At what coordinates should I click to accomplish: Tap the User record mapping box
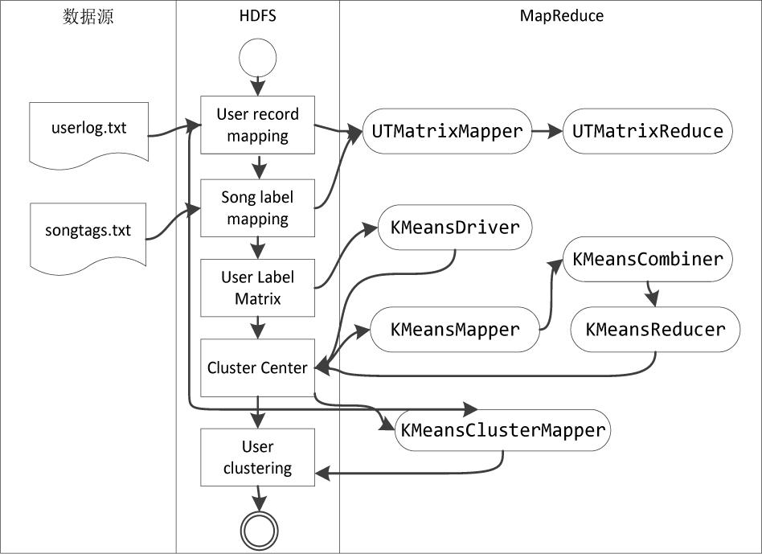[257, 125]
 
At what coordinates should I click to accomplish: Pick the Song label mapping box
[257, 208]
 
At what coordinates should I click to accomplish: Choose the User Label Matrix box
[257, 288]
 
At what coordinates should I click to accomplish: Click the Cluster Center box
[257, 367]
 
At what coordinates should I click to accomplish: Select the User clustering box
[257, 457]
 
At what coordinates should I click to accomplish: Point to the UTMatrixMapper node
[447, 131]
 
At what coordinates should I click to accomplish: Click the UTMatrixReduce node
[647, 131]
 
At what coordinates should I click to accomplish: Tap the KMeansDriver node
[455, 228]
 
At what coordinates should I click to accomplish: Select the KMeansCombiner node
[647, 259]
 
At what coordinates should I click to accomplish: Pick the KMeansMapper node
[455, 330]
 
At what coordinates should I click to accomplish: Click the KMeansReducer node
[655, 330]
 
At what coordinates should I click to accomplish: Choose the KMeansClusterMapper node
[502, 430]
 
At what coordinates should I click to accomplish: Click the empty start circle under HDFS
[257, 58]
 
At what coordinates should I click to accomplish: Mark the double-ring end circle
[259, 530]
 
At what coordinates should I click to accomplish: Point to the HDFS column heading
[257, 15]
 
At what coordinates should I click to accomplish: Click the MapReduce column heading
[562, 15]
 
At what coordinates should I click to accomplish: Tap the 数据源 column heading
[88, 17]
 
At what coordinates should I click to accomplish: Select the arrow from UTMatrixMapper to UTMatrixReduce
[547, 131]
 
